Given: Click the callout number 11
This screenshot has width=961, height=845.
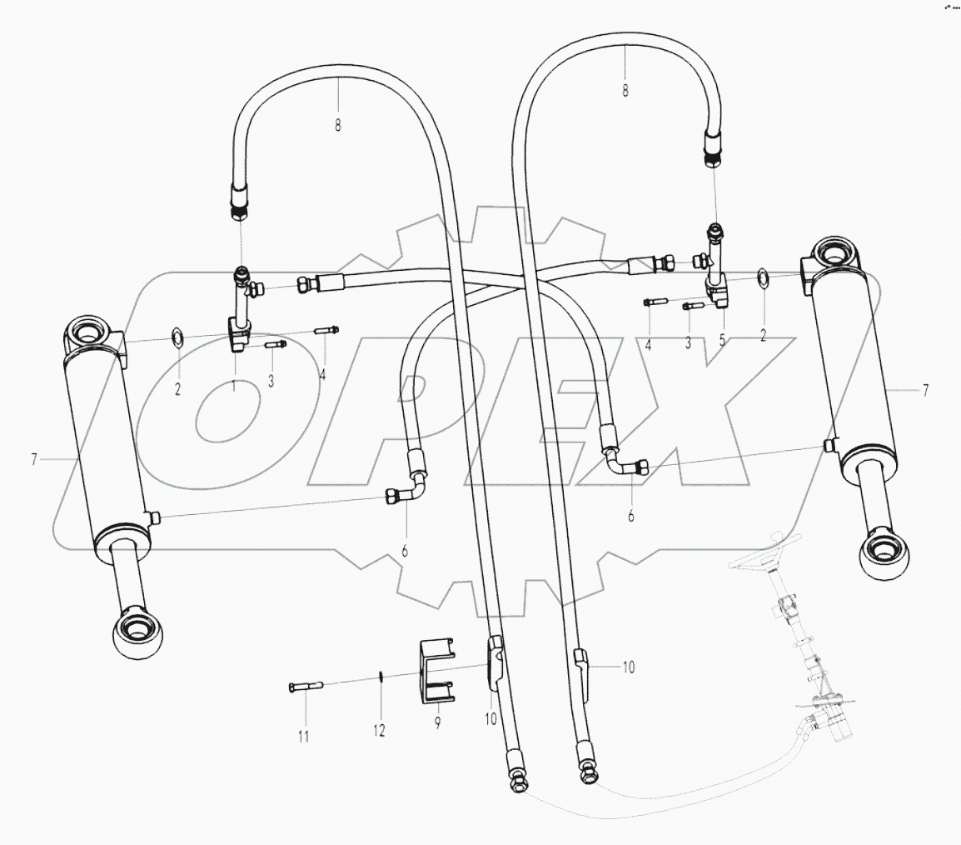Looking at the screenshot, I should pos(304,736).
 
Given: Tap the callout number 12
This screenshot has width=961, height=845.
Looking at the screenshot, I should pos(379,730).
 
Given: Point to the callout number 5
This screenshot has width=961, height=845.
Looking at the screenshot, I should pos(722,340).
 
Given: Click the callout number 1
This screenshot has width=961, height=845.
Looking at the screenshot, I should pos(234,385).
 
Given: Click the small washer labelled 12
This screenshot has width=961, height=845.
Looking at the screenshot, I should pos(379,678).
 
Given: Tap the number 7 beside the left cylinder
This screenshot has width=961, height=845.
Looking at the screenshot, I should pos(34,459).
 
